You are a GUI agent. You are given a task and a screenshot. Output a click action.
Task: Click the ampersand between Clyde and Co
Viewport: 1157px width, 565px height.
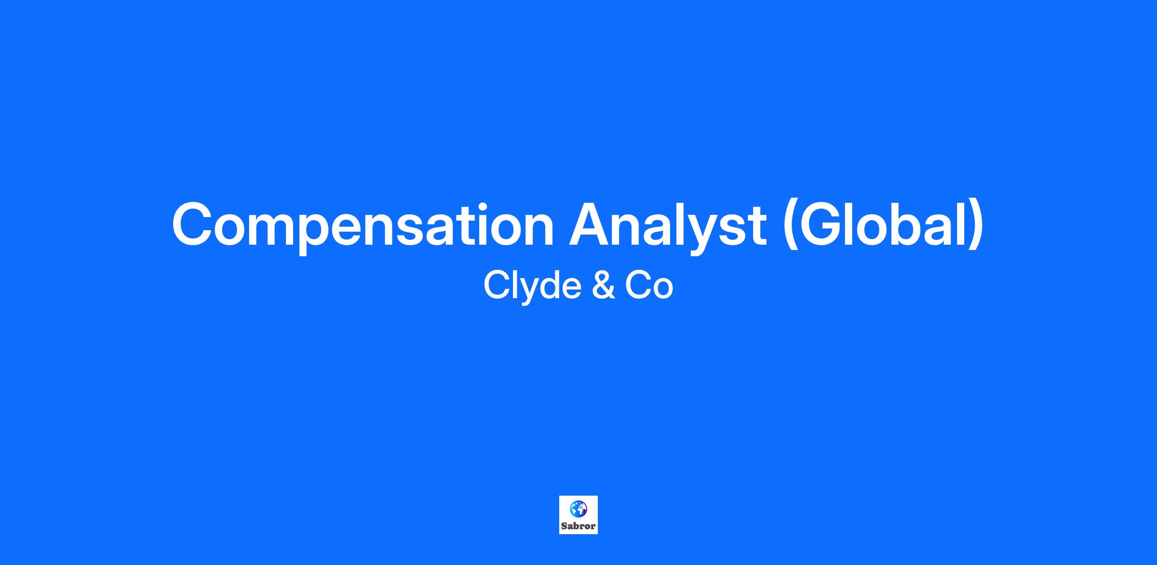pos(602,285)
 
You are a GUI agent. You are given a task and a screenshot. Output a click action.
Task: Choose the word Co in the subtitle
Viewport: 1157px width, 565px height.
pos(649,285)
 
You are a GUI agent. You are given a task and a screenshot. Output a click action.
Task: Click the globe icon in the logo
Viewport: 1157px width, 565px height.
pos(578,509)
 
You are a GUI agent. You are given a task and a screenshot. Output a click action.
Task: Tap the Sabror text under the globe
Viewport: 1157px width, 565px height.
pos(578,526)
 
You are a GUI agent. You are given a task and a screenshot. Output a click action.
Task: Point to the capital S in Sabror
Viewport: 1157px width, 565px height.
pos(564,526)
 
